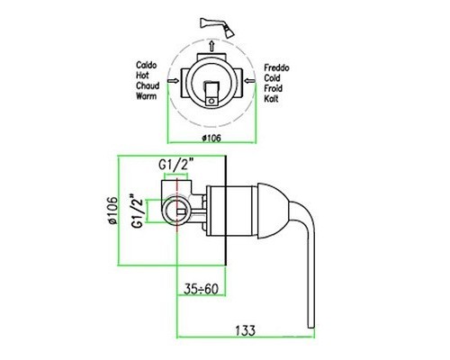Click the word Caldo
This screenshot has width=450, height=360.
tap(147, 65)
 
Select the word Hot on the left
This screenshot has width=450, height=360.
tap(142, 75)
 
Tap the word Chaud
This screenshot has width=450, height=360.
tap(148, 85)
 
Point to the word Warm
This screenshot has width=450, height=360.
tap(147, 96)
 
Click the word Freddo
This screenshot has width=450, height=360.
tap(276, 67)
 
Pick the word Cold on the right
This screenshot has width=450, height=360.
tap(272, 78)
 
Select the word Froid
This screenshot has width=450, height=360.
tap(273, 88)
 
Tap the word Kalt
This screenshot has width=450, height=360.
tap(271, 98)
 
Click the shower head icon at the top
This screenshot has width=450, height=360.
tap(218, 27)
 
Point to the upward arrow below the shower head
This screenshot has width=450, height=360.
tap(211, 46)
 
